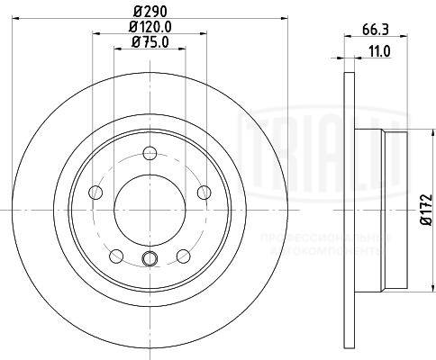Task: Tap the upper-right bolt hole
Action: point(203,192)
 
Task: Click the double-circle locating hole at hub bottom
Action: point(150,262)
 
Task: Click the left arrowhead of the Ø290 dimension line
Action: point(24,20)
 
